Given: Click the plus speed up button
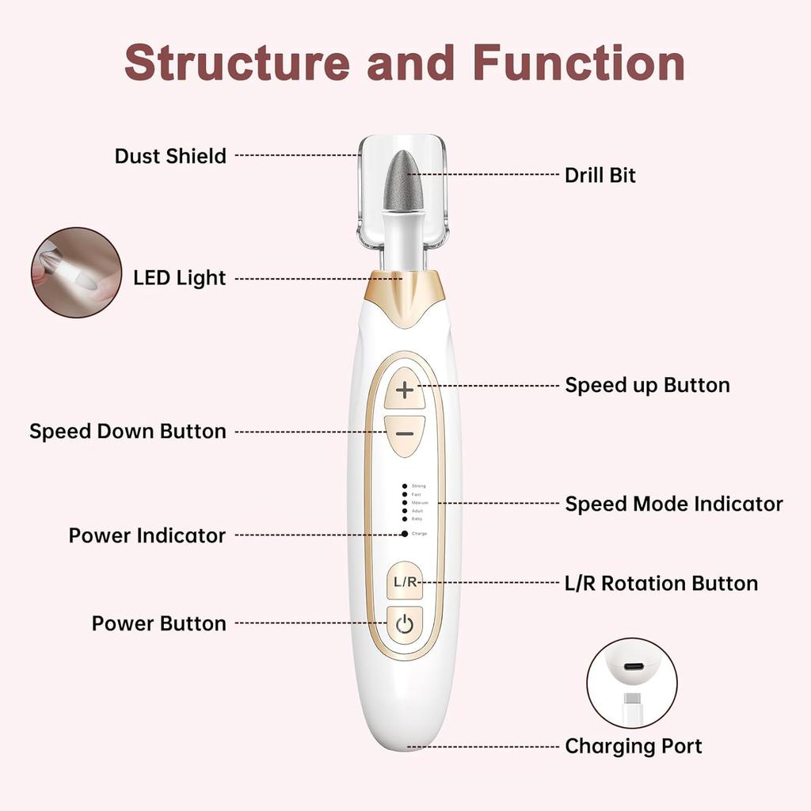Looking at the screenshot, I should tap(405, 389).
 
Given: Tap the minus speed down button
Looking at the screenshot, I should tap(405, 435).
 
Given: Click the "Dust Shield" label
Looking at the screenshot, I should tap(170, 156).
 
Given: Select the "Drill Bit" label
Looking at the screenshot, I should tap(600, 175).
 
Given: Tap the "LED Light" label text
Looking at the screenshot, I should tap(179, 278).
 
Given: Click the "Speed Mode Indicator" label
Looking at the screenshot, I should tap(673, 504).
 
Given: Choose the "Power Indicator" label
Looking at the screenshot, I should tap(147, 535).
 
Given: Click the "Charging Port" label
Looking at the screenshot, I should tap(633, 746).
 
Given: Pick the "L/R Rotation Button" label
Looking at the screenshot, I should tap(661, 584).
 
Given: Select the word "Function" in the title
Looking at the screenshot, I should tap(579, 62).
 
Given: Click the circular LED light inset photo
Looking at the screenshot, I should tap(77, 272).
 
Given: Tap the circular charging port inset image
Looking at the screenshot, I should tap(632, 683).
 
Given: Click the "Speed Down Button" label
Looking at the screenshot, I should tap(128, 432).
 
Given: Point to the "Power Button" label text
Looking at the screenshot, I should tap(158, 623).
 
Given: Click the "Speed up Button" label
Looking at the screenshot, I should tap(647, 386).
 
